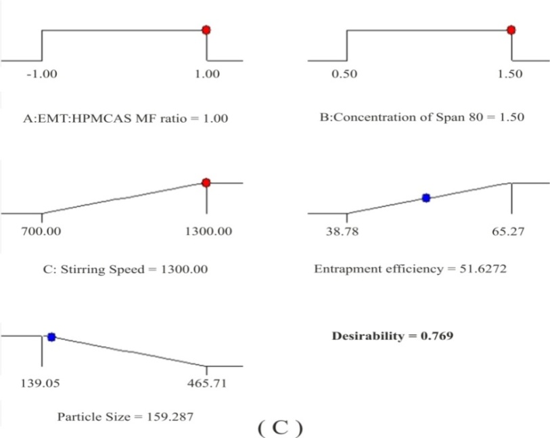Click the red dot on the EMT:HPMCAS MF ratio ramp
tap(206, 30)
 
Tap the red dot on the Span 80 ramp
tap(511, 30)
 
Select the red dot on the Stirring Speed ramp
tap(206, 182)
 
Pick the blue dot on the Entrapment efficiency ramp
tap(426, 198)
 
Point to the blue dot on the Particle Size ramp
tap(51, 336)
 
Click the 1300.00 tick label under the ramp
tap(208, 231)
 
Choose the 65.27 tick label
tap(509, 231)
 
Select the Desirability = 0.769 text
tap(392, 336)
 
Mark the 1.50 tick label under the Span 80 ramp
tap(509, 74)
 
